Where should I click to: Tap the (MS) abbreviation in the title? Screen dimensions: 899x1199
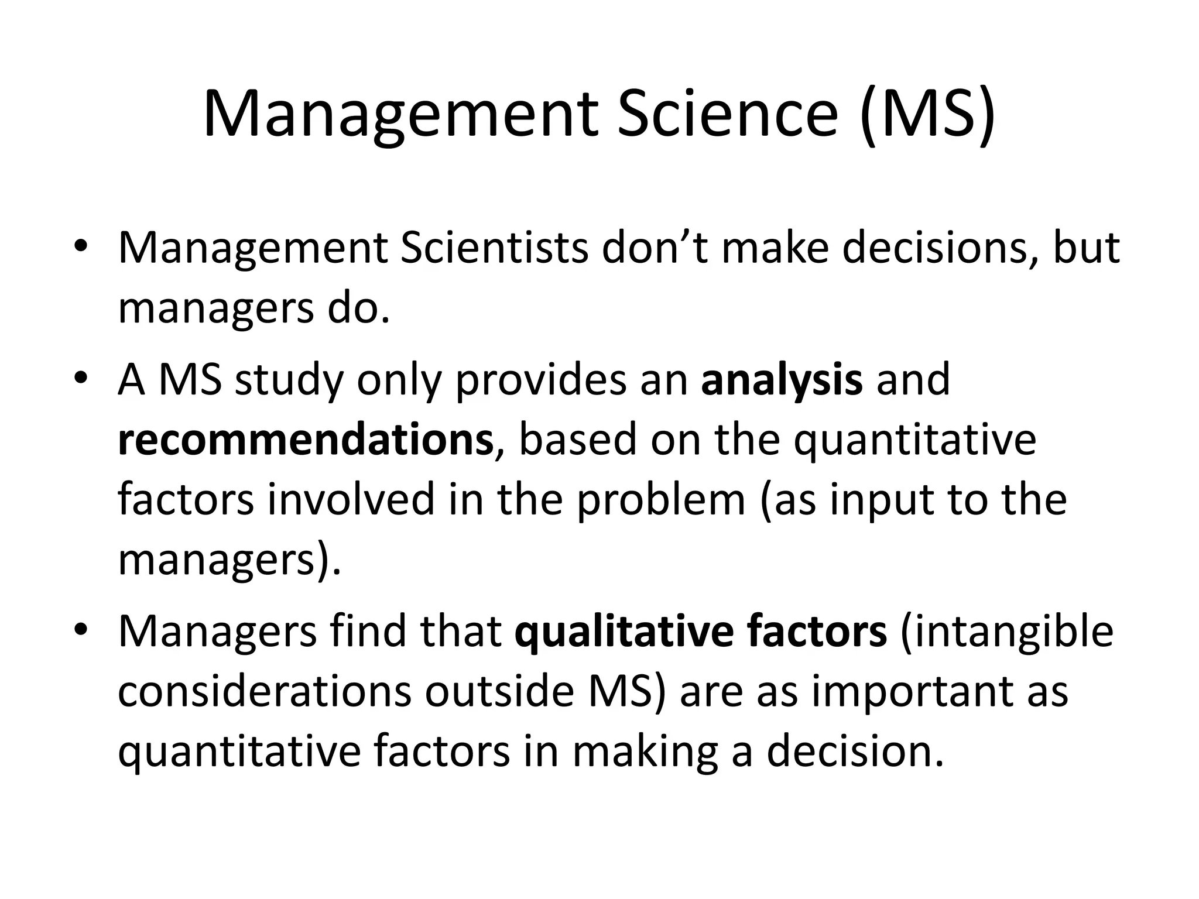(x=927, y=114)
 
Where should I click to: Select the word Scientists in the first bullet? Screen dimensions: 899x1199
(x=494, y=248)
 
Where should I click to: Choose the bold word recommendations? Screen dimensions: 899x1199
(x=306, y=440)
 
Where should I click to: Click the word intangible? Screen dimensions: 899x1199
(x=1006, y=632)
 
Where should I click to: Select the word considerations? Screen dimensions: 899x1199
(x=265, y=691)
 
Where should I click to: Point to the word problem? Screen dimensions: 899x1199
(x=661, y=500)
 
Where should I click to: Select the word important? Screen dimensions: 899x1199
(x=910, y=691)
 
